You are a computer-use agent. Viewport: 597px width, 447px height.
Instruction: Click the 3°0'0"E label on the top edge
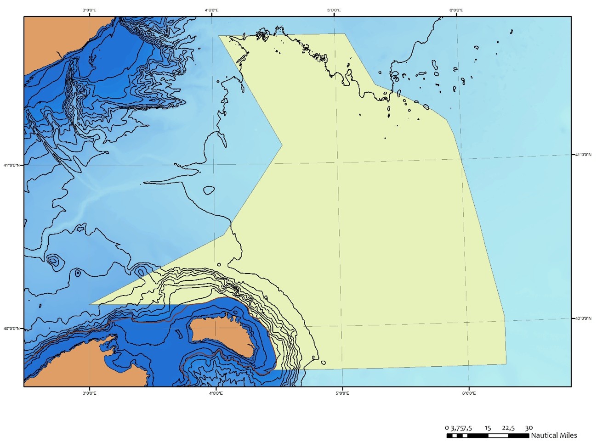(89, 10)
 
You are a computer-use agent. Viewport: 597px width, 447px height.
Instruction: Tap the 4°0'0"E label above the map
(211, 10)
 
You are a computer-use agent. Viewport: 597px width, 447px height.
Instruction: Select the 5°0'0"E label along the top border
(334, 10)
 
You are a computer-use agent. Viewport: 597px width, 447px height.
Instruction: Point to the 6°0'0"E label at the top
(456, 10)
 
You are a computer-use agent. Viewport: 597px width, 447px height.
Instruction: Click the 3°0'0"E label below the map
(89, 393)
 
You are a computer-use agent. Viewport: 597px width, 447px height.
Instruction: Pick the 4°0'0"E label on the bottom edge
(216, 393)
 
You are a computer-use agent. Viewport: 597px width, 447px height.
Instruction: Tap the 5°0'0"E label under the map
(342, 393)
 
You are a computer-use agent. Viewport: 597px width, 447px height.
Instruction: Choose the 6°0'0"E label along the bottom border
(468, 393)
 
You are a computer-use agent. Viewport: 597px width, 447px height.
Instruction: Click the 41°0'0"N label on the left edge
(11, 165)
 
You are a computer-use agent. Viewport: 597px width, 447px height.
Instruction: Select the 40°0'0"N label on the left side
(11, 329)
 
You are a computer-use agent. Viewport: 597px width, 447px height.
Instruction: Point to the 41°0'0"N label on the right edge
(583, 155)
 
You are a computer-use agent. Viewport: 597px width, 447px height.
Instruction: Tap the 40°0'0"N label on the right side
(583, 318)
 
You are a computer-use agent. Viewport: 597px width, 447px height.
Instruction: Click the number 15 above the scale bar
(488, 428)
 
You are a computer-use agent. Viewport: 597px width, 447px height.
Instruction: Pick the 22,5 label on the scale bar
(508, 428)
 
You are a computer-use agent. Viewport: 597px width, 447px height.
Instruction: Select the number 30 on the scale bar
(529, 428)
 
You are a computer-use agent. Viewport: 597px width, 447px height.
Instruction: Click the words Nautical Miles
(554, 436)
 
